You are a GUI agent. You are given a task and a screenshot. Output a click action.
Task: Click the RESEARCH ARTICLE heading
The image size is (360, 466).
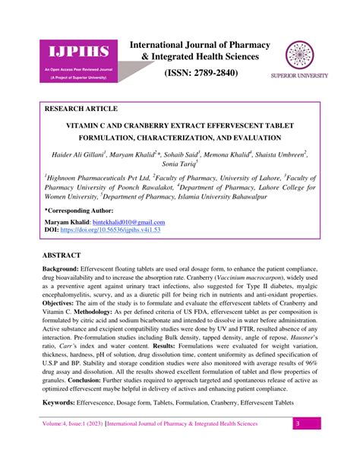[81, 109]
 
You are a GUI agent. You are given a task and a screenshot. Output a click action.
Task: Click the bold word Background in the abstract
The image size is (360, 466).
[62, 270]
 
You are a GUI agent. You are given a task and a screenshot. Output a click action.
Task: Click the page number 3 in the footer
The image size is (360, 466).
[298, 445]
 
